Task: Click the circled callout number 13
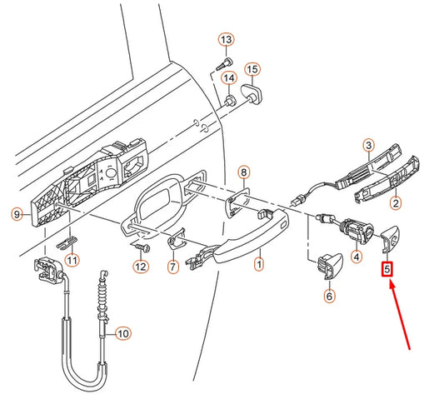[227, 40]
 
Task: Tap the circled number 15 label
[252, 70]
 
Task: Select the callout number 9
[17, 214]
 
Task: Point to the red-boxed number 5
[387, 269]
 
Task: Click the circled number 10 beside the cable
[123, 333]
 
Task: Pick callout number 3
[369, 146]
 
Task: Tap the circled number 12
[141, 267]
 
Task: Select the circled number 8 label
[244, 172]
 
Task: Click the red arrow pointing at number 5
[400, 315]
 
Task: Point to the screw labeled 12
[141, 247]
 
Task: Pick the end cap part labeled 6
[330, 265]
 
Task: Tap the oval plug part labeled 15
[252, 94]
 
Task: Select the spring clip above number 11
[67, 242]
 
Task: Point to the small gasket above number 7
[176, 239]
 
